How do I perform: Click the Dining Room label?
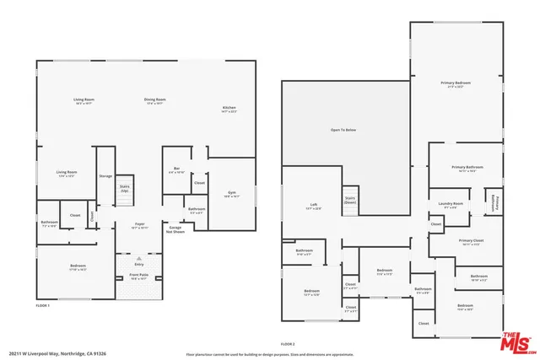pos(154,100)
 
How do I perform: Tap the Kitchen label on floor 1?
pos(229,108)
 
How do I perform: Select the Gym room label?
pos(232,193)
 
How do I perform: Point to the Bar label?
pos(177,169)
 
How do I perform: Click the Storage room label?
pos(105,176)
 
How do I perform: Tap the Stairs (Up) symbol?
pos(124,189)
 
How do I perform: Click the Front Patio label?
pos(138,276)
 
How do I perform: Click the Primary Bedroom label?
pos(456,83)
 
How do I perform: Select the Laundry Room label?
pos(451,205)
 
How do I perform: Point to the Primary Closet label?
pos(470,242)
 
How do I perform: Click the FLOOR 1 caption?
pos(43,304)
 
